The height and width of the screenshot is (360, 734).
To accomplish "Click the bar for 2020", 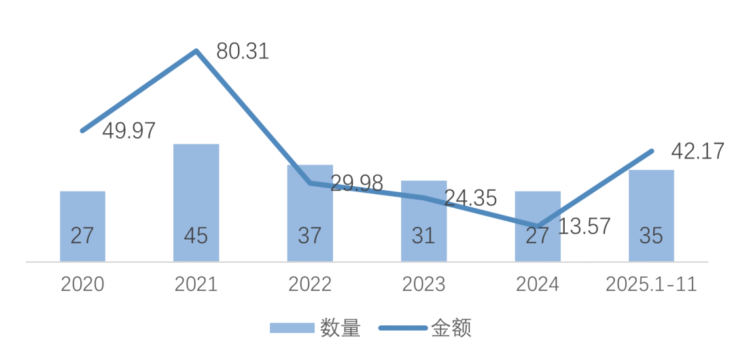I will (82, 226).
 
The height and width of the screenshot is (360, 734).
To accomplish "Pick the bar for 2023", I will (424, 221).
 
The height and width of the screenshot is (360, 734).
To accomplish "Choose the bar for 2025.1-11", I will (651, 215).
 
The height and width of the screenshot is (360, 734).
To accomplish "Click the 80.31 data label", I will (242, 51).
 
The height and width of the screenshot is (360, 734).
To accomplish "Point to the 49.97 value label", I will (129, 130).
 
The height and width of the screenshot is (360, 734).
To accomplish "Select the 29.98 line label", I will (357, 183).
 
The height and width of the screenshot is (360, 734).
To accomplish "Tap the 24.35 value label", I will (470, 198).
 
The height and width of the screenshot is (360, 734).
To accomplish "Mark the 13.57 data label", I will (584, 226).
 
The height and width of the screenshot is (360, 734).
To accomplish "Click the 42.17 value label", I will (697, 151).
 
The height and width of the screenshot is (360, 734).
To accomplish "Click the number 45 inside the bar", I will (196, 236).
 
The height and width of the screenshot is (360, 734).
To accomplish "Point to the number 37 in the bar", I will (310, 236).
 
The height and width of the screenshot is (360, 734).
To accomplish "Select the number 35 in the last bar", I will (651, 236).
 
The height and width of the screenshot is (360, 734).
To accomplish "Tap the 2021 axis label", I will (196, 284).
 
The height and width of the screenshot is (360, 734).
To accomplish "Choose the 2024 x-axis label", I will (538, 284).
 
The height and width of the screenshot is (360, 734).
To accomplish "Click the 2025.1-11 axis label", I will (651, 284).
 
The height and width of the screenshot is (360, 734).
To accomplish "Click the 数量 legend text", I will (340, 329).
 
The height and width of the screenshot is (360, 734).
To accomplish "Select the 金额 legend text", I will (451, 329).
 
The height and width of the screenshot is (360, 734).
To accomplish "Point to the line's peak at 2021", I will (196, 51).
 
